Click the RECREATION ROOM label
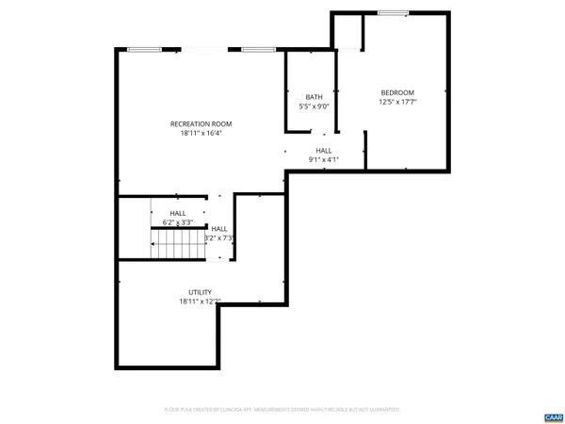pos(201,123)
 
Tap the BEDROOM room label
pos(396,92)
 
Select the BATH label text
pos(314,97)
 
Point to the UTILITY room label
pos(200,292)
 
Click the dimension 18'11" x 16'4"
pos(201,133)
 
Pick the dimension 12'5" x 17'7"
pos(396,102)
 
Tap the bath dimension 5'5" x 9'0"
pos(314,106)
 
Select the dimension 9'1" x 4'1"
pos(323,159)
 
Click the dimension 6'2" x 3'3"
pos(177,222)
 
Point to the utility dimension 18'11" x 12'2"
pos(200,302)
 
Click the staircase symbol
pos(179,246)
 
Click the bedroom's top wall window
pos(393,12)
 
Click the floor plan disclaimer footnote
pos(282,410)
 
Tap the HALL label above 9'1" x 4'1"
pos(323,151)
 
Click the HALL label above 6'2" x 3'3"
pos(177,214)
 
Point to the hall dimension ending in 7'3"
pos(220,238)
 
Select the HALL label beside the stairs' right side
pos(219,229)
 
